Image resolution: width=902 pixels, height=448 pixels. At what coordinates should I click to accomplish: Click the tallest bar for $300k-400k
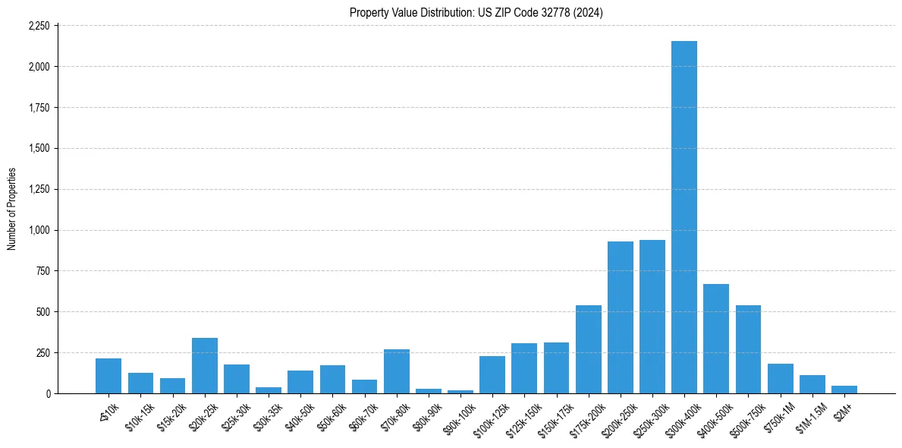click(684, 217)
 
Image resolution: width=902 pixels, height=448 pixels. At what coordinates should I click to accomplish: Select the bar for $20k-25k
click(205, 365)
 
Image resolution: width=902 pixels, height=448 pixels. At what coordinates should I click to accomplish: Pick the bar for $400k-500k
click(716, 339)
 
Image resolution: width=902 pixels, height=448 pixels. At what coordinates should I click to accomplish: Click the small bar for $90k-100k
click(460, 392)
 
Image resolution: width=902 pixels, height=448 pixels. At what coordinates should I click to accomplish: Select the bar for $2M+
click(844, 390)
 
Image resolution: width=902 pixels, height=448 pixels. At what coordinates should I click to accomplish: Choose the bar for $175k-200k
click(589, 349)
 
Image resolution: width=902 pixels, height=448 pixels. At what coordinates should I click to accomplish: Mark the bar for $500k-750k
click(748, 349)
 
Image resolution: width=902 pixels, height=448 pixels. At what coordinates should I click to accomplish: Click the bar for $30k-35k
click(269, 390)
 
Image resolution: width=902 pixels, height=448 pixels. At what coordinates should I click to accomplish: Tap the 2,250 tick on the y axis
click(39, 26)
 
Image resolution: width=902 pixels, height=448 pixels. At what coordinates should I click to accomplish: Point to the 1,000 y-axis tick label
click(39, 230)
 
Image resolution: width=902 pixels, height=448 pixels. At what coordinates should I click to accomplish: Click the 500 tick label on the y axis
click(42, 312)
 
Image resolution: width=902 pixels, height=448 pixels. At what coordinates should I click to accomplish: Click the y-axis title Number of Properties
click(12, 209)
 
